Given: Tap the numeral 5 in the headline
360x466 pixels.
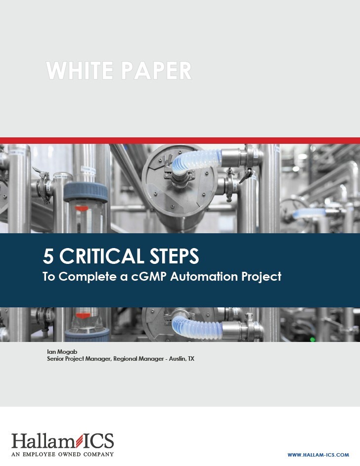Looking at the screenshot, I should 47,256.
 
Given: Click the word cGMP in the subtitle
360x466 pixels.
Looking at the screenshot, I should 147,277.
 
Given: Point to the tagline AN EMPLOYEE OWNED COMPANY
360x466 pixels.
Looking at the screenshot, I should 62,454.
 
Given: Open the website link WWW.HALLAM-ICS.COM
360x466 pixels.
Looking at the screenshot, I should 318,455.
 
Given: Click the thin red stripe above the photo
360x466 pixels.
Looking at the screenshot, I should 180,140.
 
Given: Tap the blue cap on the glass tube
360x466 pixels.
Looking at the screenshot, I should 85,191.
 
